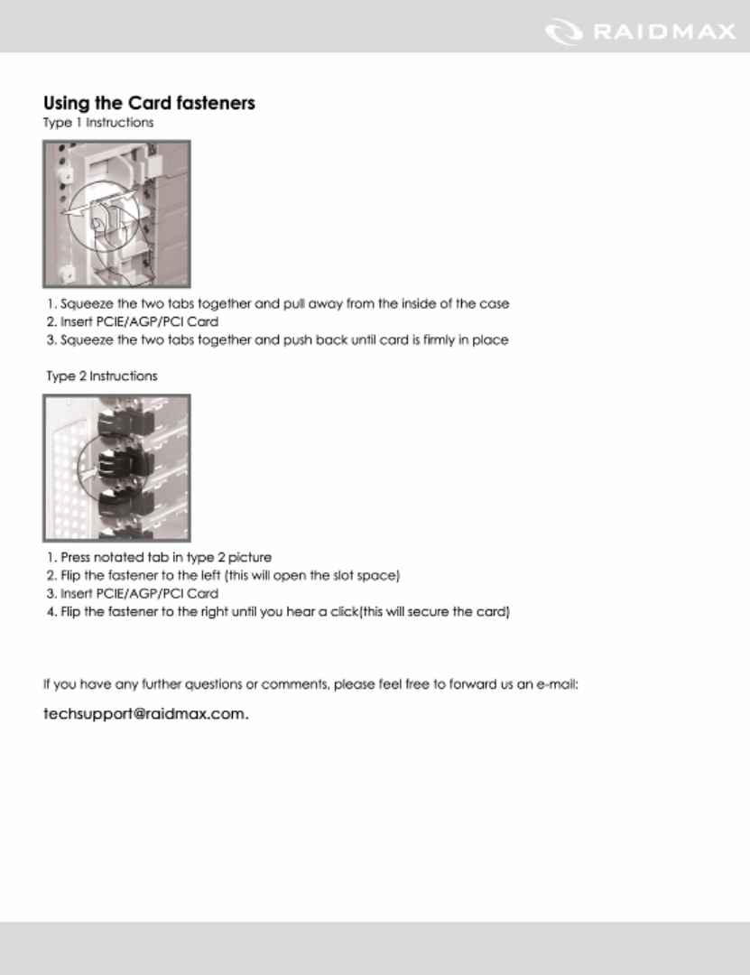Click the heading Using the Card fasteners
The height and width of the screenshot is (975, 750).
click(x=149, y=103)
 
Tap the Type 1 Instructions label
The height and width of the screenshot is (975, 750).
click(x=98, y=122)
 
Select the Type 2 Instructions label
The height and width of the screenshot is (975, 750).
click(x=102, y=376)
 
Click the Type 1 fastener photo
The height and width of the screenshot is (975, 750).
click(x=116, y=214)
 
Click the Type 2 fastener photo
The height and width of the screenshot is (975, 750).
click(x=116, y=467)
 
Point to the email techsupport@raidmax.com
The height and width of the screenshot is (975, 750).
click(x=145, y=714)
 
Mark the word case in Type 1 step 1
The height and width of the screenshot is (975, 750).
click(x=495, y=304)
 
